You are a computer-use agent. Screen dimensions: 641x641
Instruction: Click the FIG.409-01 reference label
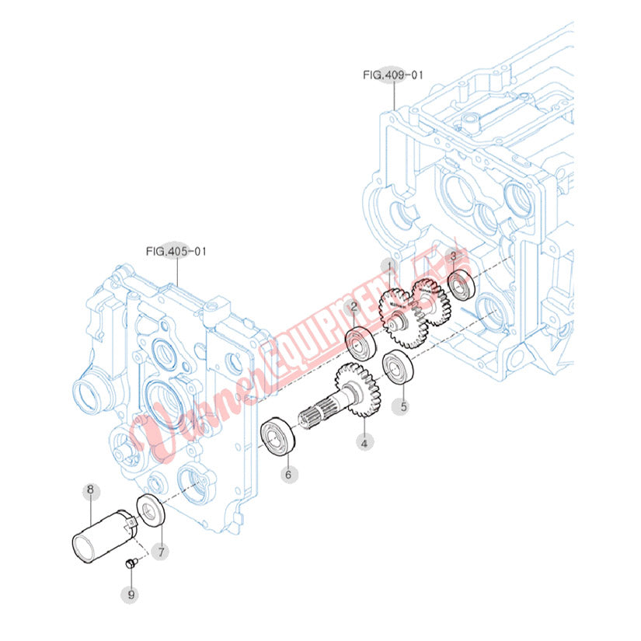[393, 75]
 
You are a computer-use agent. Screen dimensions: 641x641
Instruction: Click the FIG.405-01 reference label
[176, 251]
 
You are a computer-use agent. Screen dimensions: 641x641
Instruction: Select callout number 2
[354, 307]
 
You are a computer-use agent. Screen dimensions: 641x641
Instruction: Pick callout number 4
[362, 442]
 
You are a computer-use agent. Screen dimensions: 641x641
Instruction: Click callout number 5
[403, 405]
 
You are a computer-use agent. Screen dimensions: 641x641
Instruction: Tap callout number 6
[287, 473]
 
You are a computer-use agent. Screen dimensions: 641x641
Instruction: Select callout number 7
[161, 552]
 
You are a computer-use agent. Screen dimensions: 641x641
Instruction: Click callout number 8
[89, 490]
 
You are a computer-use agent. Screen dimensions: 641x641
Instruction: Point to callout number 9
[131, 594]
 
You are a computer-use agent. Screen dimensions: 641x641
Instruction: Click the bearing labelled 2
[361, 343]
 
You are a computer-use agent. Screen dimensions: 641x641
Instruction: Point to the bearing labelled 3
[462, 285]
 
